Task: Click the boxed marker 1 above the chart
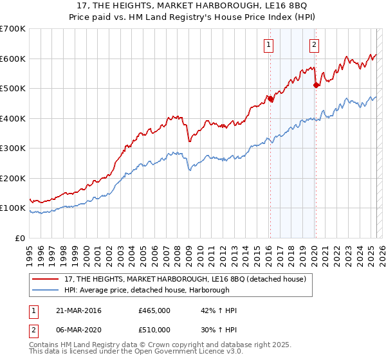point(268,45)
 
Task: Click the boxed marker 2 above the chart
point(314,45)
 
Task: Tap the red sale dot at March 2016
point(270,99)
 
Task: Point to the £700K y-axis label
point(13,29)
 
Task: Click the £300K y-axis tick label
point(13,148)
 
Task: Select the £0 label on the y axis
point(20,238)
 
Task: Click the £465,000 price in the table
point(154,310)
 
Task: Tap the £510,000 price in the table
point(154,330)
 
